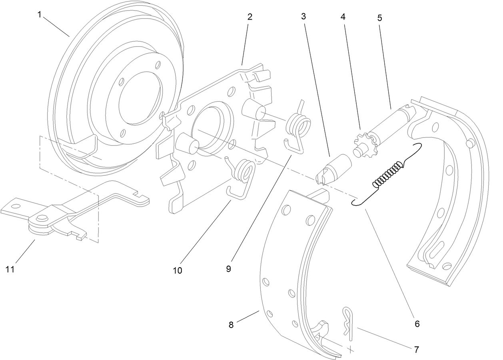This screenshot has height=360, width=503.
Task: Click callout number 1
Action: point(39,15)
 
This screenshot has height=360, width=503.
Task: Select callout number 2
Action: point(250,17)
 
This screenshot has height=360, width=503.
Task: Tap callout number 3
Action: point(304,17)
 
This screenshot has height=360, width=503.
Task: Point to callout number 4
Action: point(343,17)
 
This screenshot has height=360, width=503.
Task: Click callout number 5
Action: point(379,18)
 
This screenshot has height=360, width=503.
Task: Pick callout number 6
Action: point(417,324)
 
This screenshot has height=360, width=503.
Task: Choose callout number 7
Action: point(416,350)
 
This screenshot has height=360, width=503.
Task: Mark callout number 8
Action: point(231,325)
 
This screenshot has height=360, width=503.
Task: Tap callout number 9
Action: point(228,269)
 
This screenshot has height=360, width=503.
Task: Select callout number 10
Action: point(177,270)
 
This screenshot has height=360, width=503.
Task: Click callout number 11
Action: point(10,269)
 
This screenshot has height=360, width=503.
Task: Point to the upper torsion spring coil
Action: point(298,125)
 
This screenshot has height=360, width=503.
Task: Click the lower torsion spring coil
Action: point(245,171)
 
